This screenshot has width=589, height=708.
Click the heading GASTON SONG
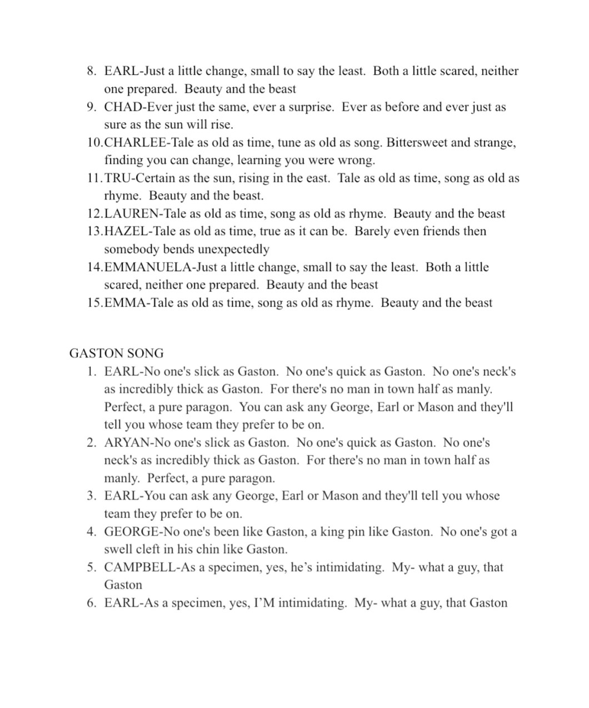116,354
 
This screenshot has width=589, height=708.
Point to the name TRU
118,178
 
